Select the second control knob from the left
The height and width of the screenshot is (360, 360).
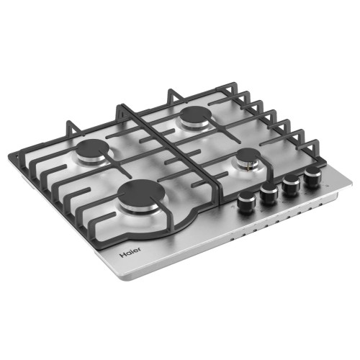[269, 194]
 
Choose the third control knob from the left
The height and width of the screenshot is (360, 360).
[290, 184]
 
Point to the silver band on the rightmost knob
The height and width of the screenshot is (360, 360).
[312, 182]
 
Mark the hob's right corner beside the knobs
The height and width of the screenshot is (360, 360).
[351, 180]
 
